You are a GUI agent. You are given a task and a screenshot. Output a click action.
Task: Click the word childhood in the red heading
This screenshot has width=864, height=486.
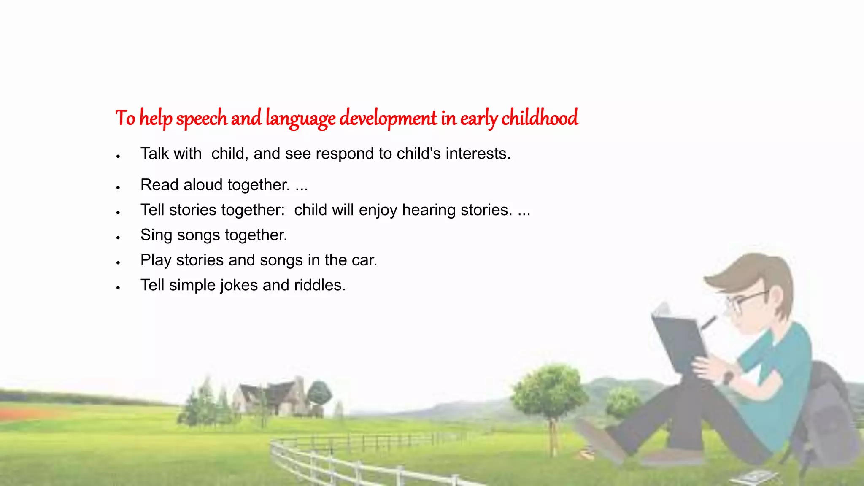[x=539, y=118]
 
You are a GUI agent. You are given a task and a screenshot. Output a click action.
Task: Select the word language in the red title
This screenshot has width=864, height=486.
[x=300, y=119]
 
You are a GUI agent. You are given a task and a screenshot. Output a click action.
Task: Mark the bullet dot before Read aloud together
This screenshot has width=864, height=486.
[x=119, y=187]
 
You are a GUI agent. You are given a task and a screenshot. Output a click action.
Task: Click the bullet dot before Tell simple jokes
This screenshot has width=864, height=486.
[x=119, y=288]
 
